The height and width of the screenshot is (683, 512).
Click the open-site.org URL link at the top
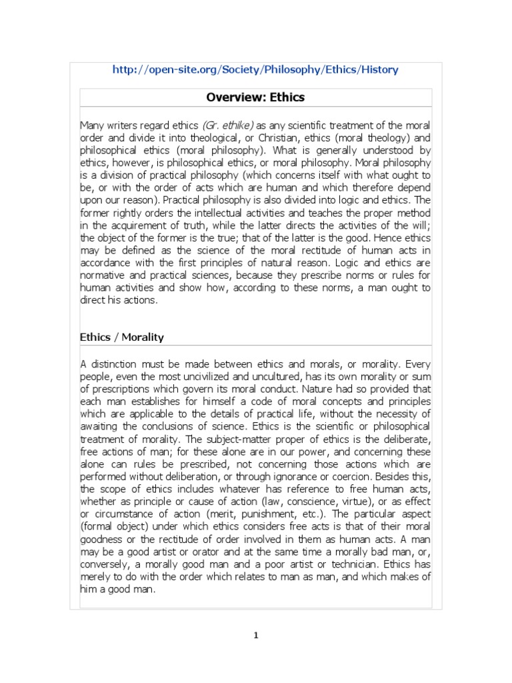click(x=255, y=70)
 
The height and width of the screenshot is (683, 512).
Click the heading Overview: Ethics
click(x=255, y=97)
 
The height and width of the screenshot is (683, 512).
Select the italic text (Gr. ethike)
click(x=228, y=125)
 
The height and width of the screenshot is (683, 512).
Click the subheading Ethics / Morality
click(x=122, y=337)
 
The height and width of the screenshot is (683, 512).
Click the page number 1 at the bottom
click(x=255, y=635)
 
